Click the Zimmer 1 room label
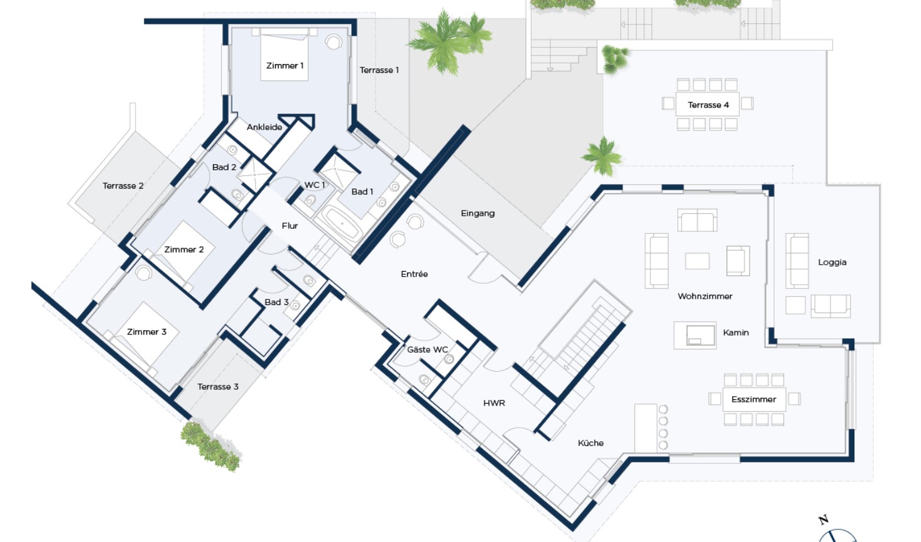pyautogui.click(x=285, y=66)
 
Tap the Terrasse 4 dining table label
pyautogui.click(x=708, y=105)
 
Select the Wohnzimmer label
pyautogui.click(x=705, y=296)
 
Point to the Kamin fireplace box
pyautogui.click(x=695, y=335)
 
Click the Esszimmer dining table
pyautogui.click(x=754, y=399)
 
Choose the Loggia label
pyautogui.click(x=832, y=262)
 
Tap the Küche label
pyautogui.click(x=591, y=443)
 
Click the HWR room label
pyautogui.click(x=494, y=403)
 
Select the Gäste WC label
pyautogui.click(x=428, y=350)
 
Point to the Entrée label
pyautogui.click(x=415, y=274)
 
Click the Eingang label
pyautogui.click(x=477, y=214)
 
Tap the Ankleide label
pyautogui.click(x=264, y=128)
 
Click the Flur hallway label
pyautogui.click(x=290, y=226)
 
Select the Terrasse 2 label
pyautogui.click(x=123, y=186)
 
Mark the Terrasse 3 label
pyautogui.click(x=218, y=387)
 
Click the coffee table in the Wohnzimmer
pyautogui.click(x=697, y=261)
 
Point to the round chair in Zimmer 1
pyautogui.click(x=334, y=42)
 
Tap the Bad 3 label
pyautogui.click(x=276, y=302)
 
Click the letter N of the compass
pyautogui.click(x=823, y=520)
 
